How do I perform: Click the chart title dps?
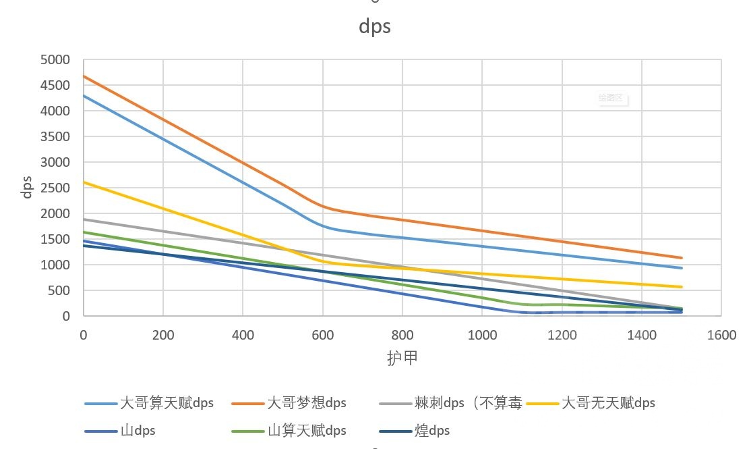tap(374, 26)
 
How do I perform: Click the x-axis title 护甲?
tap(402, 358)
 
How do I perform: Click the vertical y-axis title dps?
tap(28, 187)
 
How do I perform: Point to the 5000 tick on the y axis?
tap(56, 60)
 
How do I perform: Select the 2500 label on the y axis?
tap(56, 188)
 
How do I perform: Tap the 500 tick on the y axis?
tap(61, 291)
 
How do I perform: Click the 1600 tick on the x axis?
tap(721, 335)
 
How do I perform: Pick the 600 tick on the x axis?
tap(322, 335)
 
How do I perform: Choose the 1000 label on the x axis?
tap(482, 335)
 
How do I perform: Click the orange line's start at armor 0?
tap(84, 76)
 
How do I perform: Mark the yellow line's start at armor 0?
tap(84, 182)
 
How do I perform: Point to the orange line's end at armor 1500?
tap(682, 258)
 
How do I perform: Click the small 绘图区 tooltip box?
tap(611, 98)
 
